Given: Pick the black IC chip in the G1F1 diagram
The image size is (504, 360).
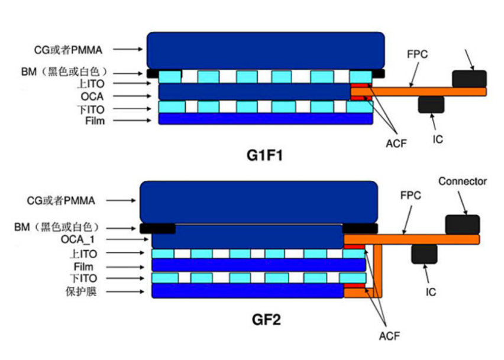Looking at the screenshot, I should [431, 104].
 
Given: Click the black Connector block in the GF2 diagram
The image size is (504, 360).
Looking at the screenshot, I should [462, 224].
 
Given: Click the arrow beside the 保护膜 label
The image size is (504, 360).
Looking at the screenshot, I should [130, 290].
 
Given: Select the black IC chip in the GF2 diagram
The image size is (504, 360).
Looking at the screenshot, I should [424, 253].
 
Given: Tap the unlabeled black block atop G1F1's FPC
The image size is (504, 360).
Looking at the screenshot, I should [469, 79].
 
